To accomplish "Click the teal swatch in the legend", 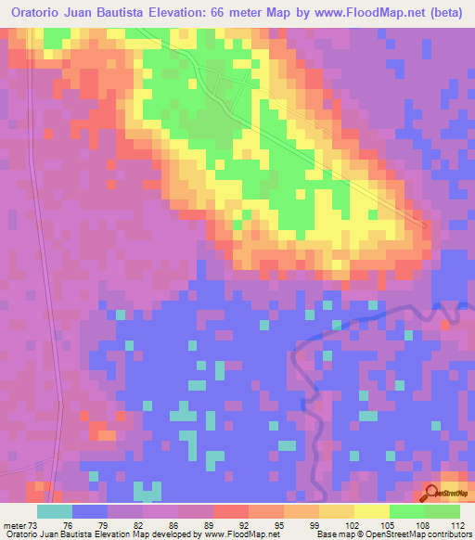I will tap(55, 510).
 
